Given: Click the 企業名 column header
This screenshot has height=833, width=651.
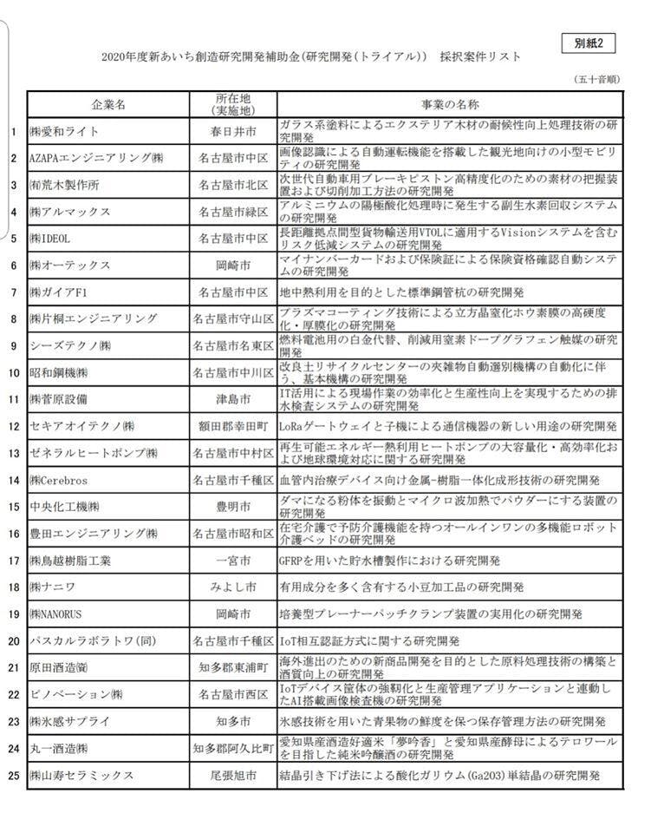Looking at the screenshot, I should coord(108,104).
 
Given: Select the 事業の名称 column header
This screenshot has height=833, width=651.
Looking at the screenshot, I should coord(449,104).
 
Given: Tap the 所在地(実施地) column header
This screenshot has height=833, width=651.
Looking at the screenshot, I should coord(233,104).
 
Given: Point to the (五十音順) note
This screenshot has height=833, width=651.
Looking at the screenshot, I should coord(597,79).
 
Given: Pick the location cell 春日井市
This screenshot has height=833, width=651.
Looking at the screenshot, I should coord(233,132).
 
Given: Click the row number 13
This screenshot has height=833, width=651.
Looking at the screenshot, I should coord(13,453).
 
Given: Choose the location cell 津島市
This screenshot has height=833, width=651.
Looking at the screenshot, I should coord(233,399).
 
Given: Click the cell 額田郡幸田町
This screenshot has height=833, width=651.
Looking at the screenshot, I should coord(233,426).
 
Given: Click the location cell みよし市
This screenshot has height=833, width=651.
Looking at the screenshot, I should coord(233,587).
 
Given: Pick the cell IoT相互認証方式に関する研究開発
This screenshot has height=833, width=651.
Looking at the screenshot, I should coord(368,641).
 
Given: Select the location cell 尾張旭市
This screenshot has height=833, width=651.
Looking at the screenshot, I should coord(233,775).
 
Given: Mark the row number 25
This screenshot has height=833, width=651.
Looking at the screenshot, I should coord(13,775).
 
